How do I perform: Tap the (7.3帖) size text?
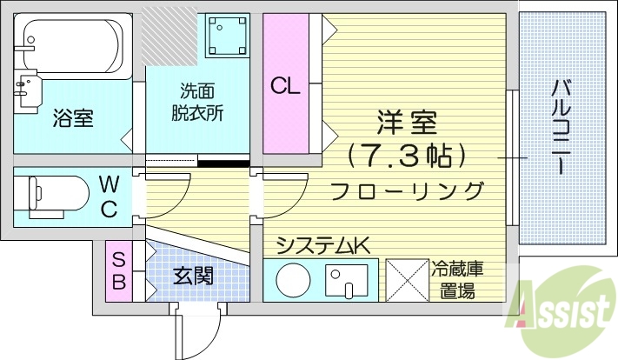pyautogui.click(x=406, y=157)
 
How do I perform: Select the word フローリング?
pyautogui.click(x=407, y=190)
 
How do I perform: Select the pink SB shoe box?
pyautogui.click(x=118, y=270)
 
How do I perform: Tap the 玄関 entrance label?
pyautogui.click(x=193, y=277)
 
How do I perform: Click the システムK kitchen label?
pyautogui.click(x=322, y=246)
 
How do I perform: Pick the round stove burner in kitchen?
pyautogui.click(x=291, y=280)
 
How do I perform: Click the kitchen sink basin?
pyautogui.click(x=347, y=280)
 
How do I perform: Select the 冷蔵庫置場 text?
pyautogui.click(x=456, y=279)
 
